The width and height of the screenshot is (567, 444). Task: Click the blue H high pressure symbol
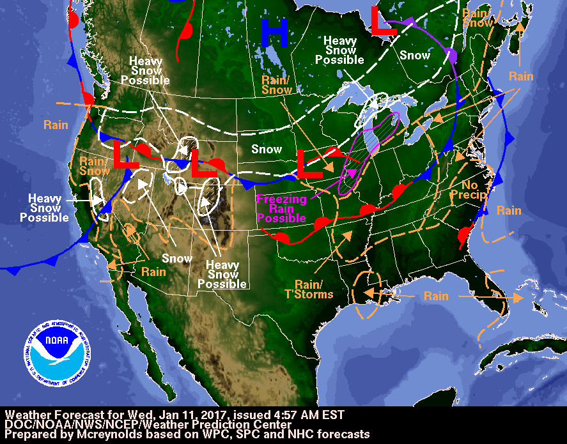click(274, 33)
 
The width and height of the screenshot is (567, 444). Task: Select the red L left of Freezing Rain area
click(310, 164)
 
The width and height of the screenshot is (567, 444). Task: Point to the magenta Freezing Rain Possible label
click(282, 208)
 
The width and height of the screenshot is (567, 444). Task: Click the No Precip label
click(469, 190)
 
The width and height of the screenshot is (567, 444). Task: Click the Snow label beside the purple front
click(415, 56)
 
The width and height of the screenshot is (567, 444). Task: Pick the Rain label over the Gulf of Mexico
click(435, 296)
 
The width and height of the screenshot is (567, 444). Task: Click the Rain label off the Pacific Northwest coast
click(56, 125)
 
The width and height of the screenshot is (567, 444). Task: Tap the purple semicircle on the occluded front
click(451, 55)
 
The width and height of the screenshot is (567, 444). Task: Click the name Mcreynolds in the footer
click(104, 434)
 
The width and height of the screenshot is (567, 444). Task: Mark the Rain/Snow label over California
click(94, 166)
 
